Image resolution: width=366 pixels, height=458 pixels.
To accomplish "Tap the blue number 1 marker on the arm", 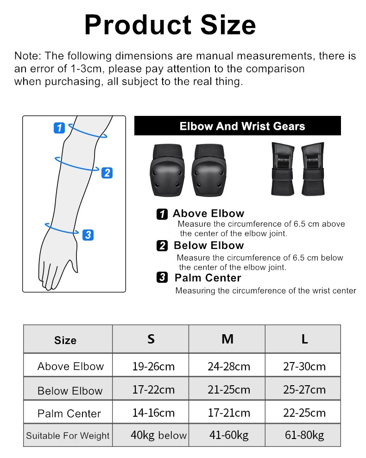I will (x=59, y=128).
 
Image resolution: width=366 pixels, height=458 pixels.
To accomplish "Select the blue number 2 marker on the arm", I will (x=107, y=172).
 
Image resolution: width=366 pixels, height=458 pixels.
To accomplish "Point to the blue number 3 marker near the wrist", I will (x=88, y=235).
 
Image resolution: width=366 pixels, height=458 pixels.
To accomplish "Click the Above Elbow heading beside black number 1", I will (x=208, y=213).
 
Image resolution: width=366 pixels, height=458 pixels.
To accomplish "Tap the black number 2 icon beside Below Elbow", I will (x=162, y=246).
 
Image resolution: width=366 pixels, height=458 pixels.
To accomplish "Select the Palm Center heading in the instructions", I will (x=208, y=278).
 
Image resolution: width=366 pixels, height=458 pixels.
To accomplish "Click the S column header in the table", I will (x=151, y=339).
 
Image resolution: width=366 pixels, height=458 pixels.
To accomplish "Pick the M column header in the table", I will (x=227, y=339).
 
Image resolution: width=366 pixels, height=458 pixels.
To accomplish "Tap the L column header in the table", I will (x=304, y=339).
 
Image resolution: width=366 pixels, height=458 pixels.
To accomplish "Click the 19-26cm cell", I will (x=153, y=366).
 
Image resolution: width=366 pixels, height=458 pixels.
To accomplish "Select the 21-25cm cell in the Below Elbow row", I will (x=228, y=389).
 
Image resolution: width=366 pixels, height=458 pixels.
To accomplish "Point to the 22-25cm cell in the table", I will (x=304, y=413).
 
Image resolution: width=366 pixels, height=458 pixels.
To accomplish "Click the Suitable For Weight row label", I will (x=68, y=436).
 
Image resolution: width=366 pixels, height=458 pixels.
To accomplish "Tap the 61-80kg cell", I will (x=304, y=435).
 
